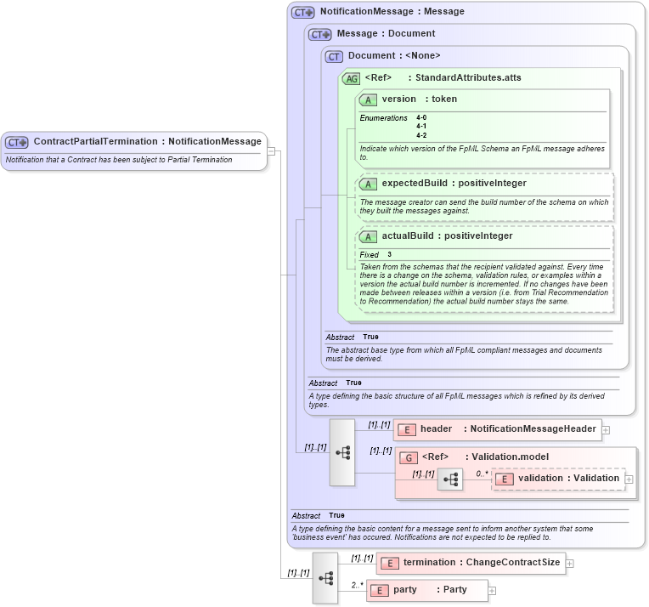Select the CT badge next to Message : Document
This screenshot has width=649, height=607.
[319, 34]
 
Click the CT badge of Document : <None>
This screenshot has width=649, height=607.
[334, 56]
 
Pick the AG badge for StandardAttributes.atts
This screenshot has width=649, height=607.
[351, 78]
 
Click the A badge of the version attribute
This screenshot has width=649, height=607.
[369, 99]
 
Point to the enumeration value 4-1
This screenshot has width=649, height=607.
[421, 127]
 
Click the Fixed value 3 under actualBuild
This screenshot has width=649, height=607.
[390, 254]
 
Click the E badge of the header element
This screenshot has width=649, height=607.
[407, 429]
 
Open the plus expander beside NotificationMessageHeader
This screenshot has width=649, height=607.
[606, 429]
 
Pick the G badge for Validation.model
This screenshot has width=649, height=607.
[409, 457]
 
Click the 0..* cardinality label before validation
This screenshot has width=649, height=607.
[482, 474]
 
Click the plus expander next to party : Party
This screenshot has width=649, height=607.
[492, 590]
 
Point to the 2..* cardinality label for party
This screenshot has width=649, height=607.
[357, 585]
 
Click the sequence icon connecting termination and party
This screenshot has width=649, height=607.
[325, 577]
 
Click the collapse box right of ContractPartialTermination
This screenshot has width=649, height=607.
[271, 151]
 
